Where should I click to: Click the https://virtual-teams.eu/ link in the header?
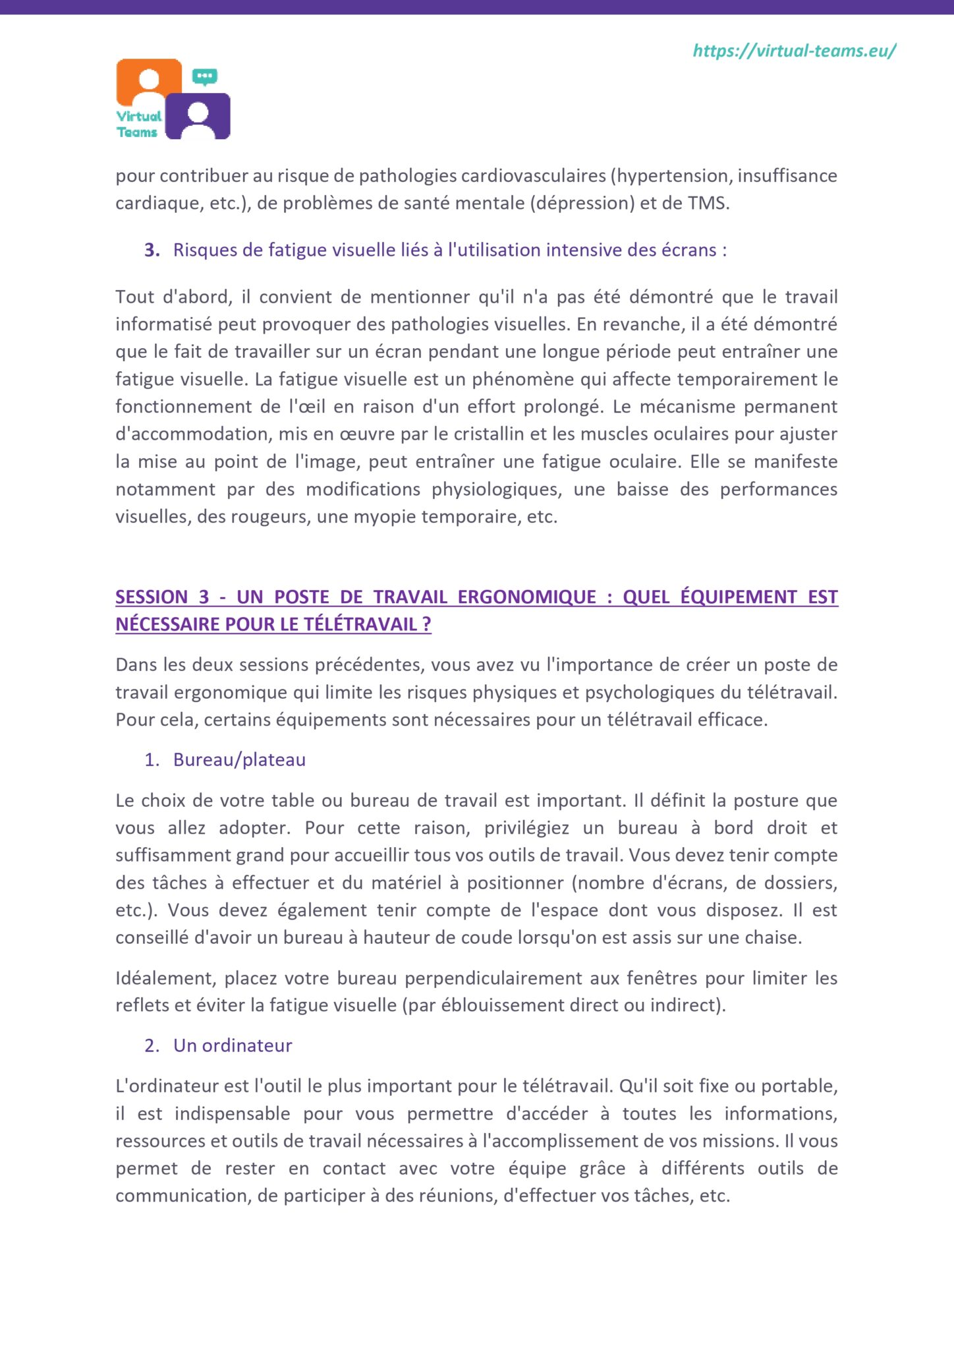click(794, 51)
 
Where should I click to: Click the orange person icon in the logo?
click(149, 82)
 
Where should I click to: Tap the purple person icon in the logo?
click(198, 116)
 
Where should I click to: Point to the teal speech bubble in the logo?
click(205, 76)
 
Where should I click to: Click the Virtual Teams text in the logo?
click(138, 124)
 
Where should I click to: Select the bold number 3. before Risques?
click(152, 250)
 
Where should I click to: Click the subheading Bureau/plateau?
click(239, 759)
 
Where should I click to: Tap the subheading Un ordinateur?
click(233, 1045)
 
